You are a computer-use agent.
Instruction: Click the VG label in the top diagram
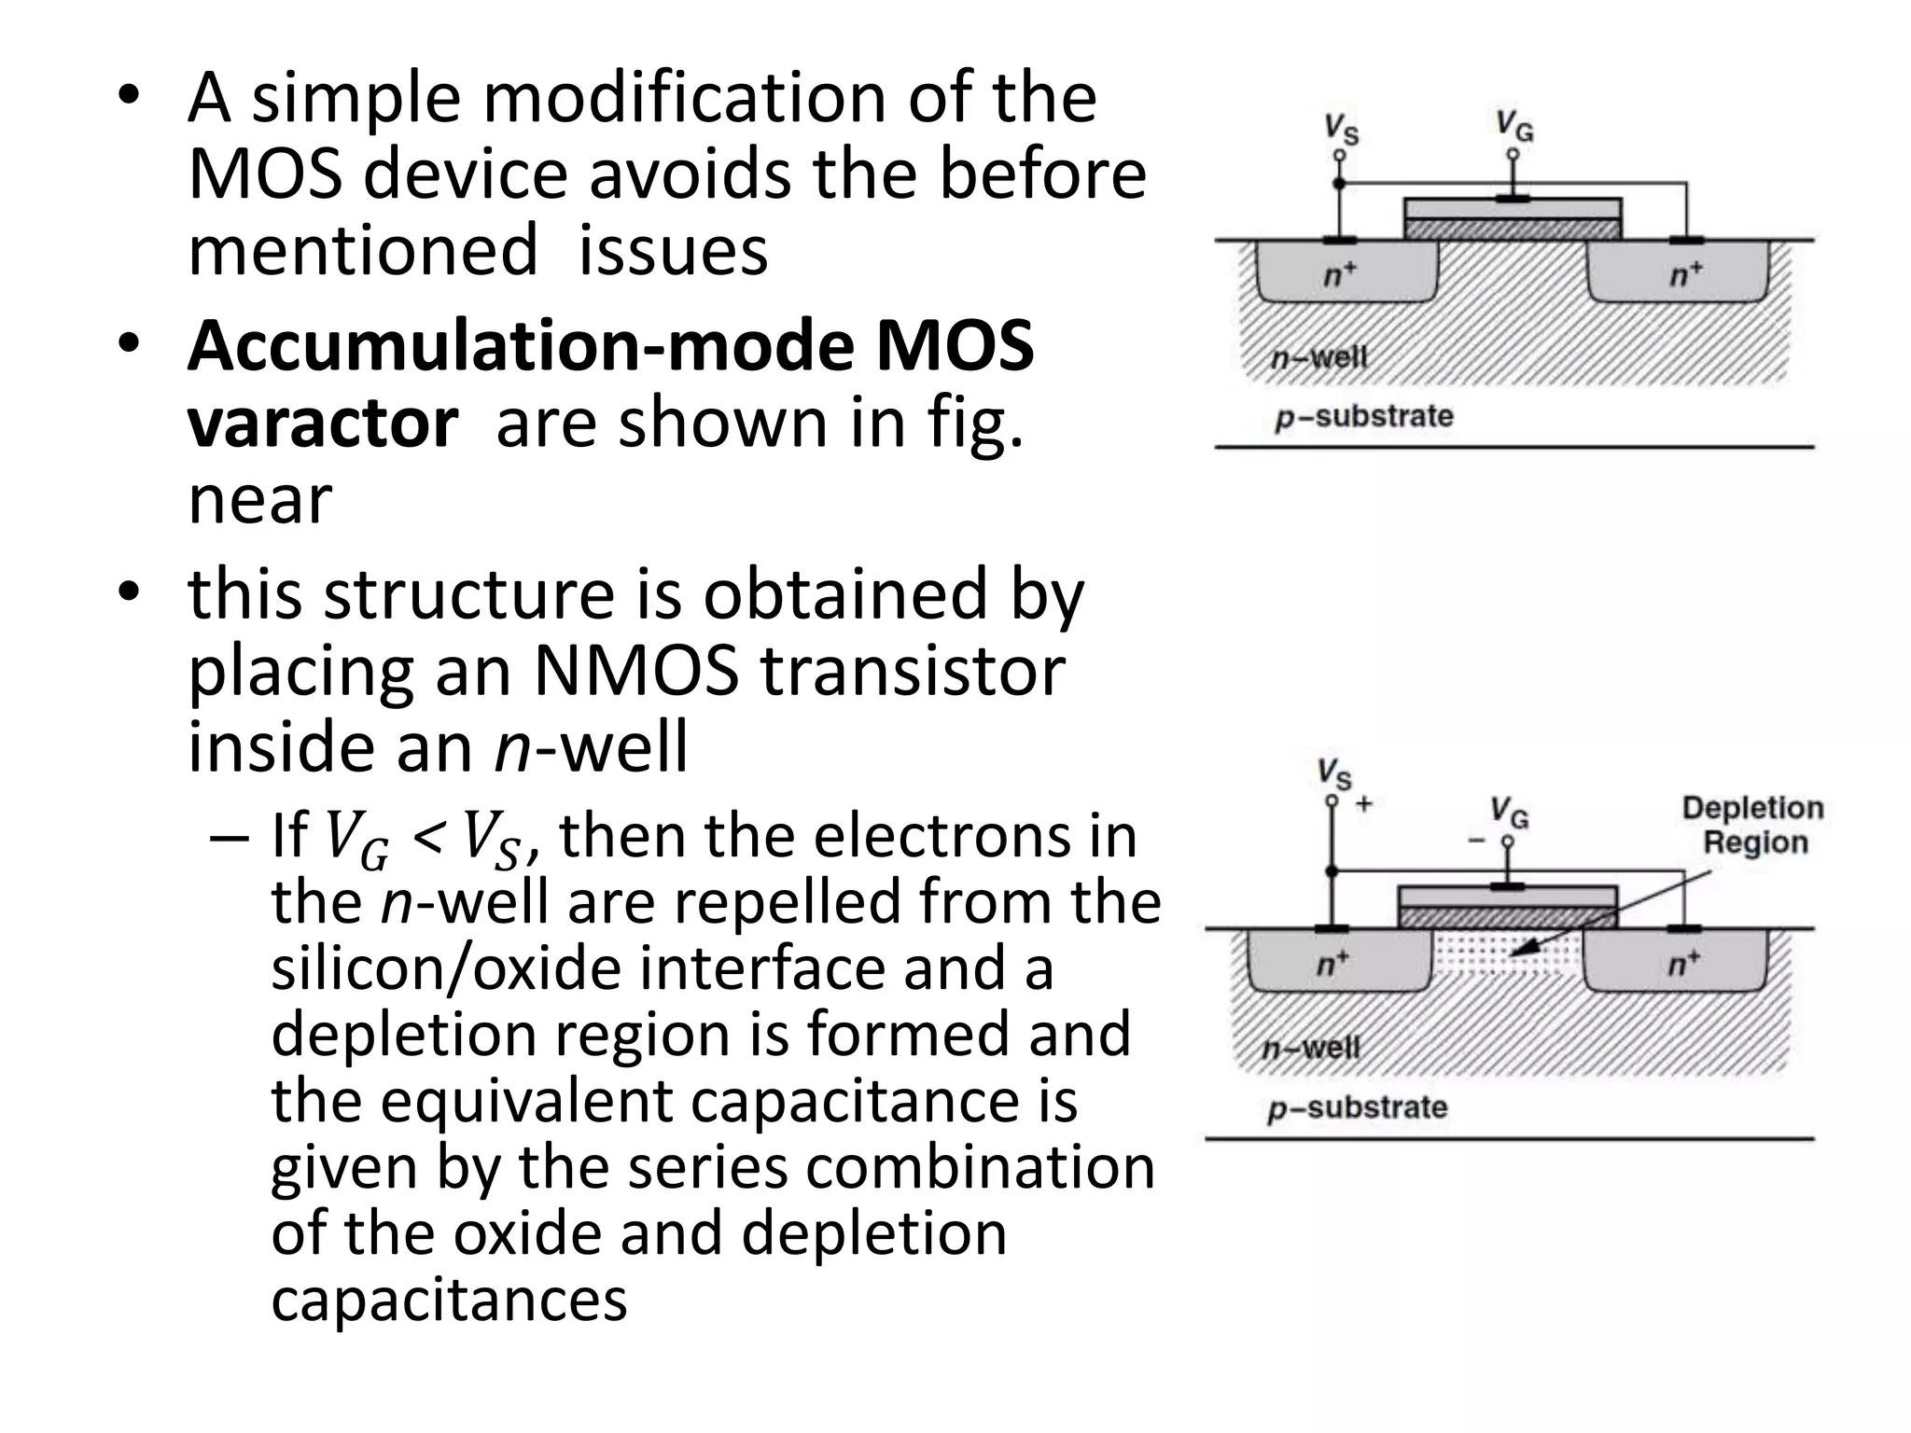1514,126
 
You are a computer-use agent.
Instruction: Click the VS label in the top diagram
1342,130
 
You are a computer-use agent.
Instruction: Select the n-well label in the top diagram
1319,357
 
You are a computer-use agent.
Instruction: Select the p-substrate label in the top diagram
1363,416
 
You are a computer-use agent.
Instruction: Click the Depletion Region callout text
1752,825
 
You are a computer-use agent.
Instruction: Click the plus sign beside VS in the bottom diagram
1363,803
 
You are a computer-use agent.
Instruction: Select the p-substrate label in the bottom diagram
1357,1108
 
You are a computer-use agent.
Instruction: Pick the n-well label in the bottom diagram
1311,1048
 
